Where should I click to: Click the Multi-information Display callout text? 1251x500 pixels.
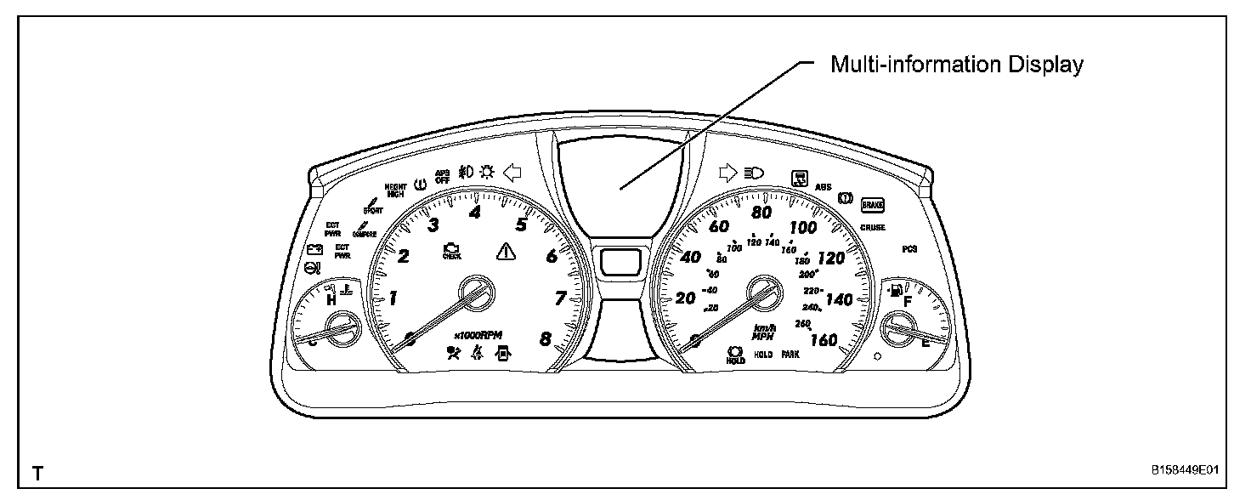[x=956, y=65]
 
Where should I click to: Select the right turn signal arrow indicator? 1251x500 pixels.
[x=727, y=173]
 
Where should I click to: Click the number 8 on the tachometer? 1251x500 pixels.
[x=546, y=338]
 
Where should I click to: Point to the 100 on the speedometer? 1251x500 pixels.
[x=803, y=227]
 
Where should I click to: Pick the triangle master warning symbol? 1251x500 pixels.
[x=506, y=251]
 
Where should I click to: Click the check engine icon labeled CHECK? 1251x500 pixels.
[x=451, y=251]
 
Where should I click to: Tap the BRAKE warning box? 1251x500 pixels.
[x=873, y=205]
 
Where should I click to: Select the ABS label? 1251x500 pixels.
[x=823, y=186]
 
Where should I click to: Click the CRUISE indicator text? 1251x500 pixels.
[x=873, y=228]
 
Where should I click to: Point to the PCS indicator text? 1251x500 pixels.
[x=910, y=249]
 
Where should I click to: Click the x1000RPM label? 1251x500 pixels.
[x=479, y=334]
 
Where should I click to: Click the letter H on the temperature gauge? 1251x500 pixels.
[x=331, y=298]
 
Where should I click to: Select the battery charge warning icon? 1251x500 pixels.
[x=316, y=250]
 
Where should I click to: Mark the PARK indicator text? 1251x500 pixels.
[x=791, y=355]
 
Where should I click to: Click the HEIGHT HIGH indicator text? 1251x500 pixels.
[x=395, y=190]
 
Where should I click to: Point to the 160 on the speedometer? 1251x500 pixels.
[x=824, y=340]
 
